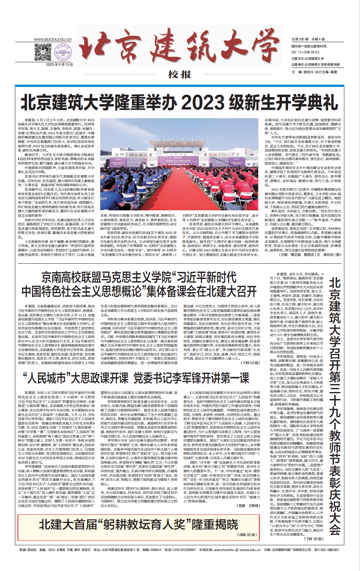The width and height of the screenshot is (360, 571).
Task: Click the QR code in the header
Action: click(43, 52)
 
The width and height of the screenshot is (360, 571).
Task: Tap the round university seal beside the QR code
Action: click(62, 52)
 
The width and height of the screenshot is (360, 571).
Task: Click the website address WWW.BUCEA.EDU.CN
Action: click(53, 40)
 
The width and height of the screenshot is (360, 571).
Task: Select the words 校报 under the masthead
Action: click(180, 75)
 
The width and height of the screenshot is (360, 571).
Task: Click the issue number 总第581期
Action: click(300, 39)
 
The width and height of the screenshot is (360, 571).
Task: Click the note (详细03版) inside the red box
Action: click(247, 535)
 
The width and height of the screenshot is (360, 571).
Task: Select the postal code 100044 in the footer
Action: click(155, 550)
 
